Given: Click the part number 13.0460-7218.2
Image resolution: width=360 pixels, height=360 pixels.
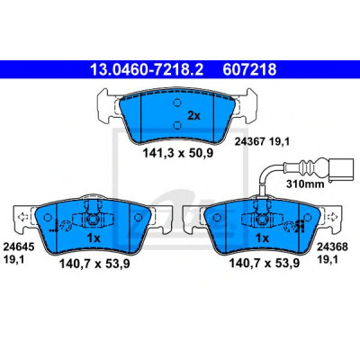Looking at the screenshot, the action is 147,70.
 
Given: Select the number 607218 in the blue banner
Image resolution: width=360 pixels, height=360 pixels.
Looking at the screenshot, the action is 249,70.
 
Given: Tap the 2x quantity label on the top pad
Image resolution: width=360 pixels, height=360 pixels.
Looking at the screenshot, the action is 193,115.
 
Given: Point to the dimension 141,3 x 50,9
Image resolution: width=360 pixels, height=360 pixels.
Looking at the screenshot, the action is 177,154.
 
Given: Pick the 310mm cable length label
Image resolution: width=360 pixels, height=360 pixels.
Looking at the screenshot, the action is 305,184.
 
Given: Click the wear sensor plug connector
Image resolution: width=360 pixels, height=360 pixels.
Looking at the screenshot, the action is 341,170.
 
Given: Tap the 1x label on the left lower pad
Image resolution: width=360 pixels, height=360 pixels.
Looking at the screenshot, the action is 94,238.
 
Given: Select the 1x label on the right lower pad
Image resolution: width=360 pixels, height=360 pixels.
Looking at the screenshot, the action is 262,238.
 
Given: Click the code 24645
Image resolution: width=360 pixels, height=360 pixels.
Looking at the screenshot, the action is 18,247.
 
